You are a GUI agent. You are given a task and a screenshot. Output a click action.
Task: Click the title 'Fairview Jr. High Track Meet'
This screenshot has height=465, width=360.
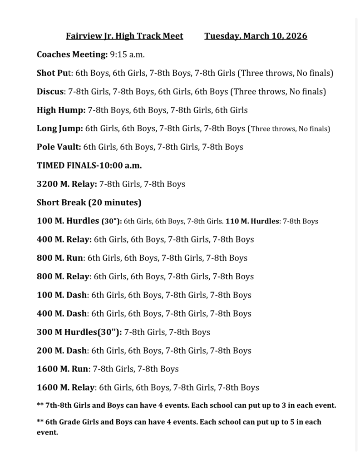click(124, 36)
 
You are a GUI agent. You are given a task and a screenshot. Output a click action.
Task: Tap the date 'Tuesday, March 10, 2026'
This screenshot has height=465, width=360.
click(256, 36)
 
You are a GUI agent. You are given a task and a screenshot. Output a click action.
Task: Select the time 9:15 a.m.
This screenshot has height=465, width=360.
click(127, 54)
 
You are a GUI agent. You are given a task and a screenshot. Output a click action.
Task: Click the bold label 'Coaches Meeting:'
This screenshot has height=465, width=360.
click(72, 54)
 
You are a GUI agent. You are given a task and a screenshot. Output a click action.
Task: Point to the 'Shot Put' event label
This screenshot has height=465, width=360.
click(54, 73)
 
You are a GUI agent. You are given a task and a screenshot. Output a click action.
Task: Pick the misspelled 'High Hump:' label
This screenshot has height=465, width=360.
click(61, 110)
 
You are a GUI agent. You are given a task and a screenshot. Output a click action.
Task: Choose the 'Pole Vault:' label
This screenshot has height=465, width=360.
click(59, 147)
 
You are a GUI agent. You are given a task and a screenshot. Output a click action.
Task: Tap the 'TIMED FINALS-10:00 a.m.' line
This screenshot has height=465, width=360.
click(89, 166)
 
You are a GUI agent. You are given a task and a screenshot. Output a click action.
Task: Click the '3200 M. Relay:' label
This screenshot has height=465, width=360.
click(67, 184)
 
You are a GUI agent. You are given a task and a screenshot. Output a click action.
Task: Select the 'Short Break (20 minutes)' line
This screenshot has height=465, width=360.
click(89, 203)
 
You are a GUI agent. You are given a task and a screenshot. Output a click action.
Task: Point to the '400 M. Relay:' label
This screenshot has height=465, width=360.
click(64, 239)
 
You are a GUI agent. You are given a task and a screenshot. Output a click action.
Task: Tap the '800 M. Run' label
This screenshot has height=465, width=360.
click(59, 258)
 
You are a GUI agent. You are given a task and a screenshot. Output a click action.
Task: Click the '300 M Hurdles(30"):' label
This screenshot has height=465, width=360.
click(79, 332)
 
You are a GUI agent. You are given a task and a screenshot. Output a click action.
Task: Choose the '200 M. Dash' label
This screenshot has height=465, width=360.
click(61, 351)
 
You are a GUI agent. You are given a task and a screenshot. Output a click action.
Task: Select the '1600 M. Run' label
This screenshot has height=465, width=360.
click(62, 369)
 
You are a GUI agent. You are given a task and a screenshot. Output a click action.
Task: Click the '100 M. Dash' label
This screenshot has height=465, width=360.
click(61, 295)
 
